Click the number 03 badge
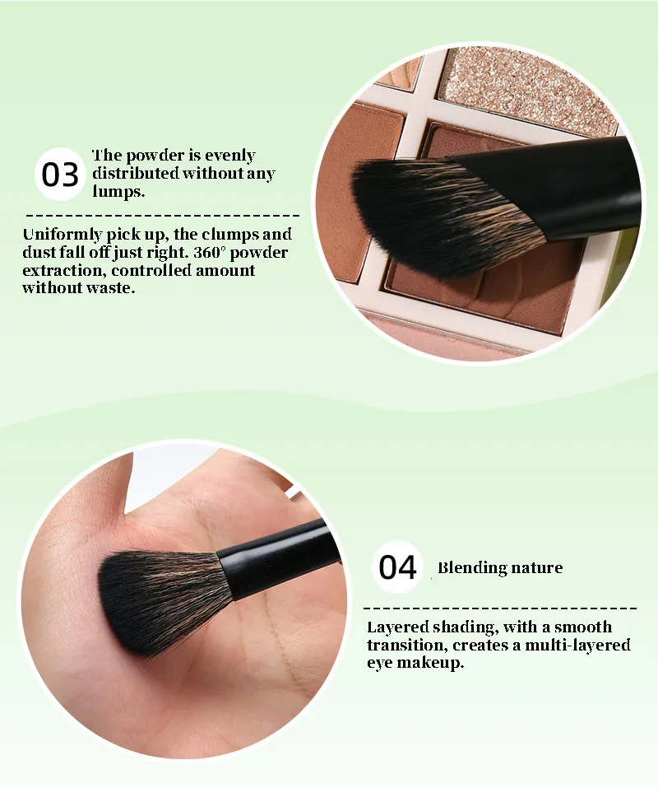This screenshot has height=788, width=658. [60, 175]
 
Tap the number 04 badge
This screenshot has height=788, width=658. [397, 567]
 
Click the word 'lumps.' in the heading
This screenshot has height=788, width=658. [118, 192]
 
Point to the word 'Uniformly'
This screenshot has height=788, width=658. [63, 235]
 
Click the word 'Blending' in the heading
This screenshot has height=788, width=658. [472, 568]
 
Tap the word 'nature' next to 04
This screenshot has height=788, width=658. [536, 568]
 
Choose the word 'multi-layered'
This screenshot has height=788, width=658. [577, 646]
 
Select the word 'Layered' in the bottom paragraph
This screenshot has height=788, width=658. [398, 627]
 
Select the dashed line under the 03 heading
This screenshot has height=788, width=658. [163, 216]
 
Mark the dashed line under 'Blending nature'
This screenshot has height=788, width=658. [500, 608]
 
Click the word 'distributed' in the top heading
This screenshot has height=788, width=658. [136, 174]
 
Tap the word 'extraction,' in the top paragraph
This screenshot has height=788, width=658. [64, 270]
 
